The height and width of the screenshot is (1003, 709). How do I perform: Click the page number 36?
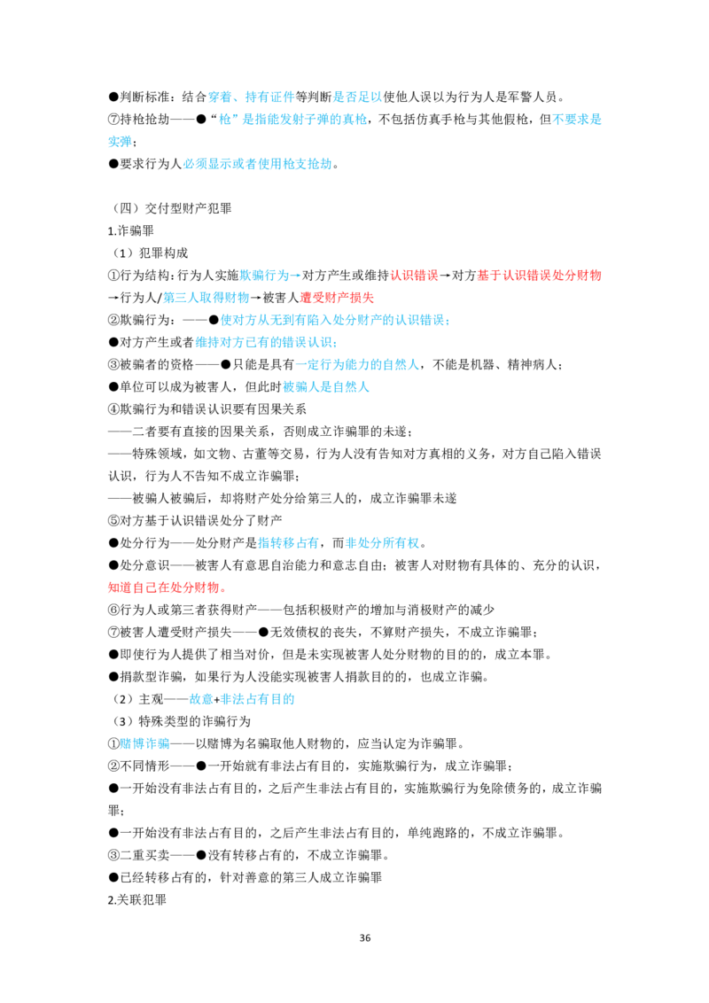pos(365,937)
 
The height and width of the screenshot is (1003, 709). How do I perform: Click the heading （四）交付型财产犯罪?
pos(170,208)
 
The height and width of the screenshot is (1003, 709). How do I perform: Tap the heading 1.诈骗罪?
pos(131,231)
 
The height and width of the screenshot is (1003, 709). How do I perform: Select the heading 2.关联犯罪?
pos(137,900)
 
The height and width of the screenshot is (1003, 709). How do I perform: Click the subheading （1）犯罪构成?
pos(149,253)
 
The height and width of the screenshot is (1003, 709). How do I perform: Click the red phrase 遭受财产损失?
pos(338,298)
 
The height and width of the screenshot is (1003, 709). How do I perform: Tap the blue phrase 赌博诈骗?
pos(145,744)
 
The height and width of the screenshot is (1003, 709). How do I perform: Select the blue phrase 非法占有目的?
pos(257,699)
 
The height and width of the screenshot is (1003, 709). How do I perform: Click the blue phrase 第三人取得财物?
pos(206,298)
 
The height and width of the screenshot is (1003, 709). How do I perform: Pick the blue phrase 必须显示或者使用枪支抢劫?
pos(258,164)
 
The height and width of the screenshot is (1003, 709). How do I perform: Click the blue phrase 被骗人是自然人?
pos(326,387)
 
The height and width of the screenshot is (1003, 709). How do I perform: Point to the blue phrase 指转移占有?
pos(288,543)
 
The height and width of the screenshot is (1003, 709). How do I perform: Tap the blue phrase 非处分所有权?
pos(383,543)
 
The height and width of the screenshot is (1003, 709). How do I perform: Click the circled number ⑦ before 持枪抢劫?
pos(114,120)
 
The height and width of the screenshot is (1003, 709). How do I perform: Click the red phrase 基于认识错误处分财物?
pos(540,276)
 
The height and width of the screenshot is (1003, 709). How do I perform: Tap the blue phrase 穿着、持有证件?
pos(251,97)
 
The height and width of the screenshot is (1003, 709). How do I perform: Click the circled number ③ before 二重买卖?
pos(114,855)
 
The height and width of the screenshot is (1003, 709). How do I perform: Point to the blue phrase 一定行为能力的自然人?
pos(357,365)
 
